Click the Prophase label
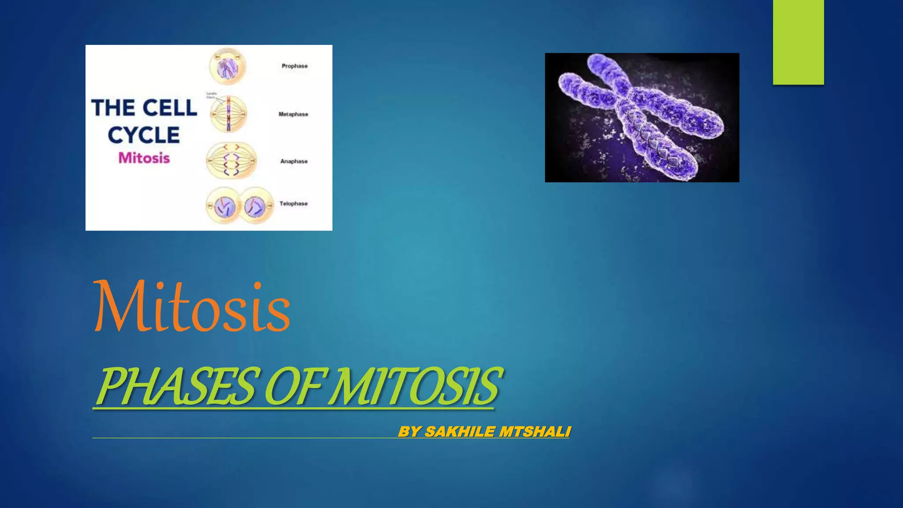[295, 66]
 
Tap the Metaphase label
[293, 114]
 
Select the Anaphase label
[294, 161]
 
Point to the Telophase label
[293, 204]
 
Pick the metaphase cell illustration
[228, 114]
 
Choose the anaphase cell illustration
[231, 161]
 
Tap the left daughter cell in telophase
[224, 205]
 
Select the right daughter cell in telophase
[256, 205]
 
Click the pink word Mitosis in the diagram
[144, 158]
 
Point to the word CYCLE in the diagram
[144, 135]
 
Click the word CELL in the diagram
[170, 108]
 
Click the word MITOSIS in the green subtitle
[414, 386]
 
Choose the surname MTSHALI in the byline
[535, 431]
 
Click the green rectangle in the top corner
[798, 42]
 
